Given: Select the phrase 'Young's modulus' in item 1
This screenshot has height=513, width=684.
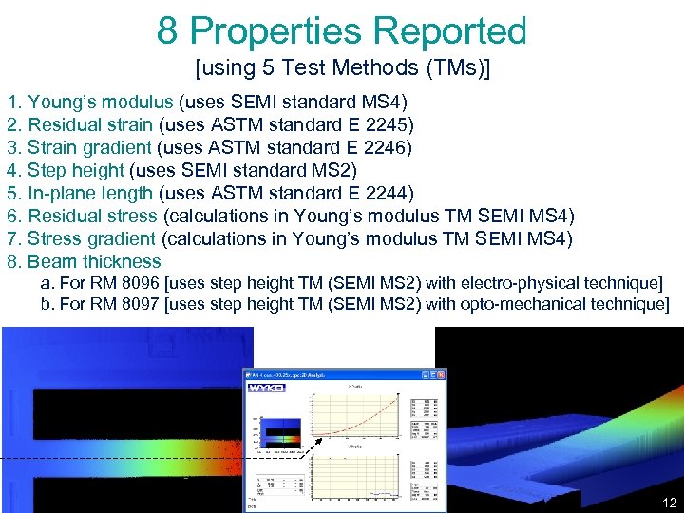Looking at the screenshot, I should (x=100, y=102).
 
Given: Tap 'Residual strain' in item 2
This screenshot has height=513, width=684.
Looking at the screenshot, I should (x=90, y=124).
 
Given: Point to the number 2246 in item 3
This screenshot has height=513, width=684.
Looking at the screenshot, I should (x=390, y=147).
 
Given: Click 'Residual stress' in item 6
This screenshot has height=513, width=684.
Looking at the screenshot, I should (x=92, y=216).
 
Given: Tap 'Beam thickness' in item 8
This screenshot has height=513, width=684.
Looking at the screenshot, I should (x=94, y=261).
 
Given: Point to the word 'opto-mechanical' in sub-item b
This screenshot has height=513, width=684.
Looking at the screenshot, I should (x=532, y=304).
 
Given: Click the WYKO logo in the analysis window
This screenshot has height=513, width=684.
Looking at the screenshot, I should (x=266, y=388).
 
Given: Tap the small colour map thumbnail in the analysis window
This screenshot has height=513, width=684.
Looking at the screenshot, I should (x=280, y=432).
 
